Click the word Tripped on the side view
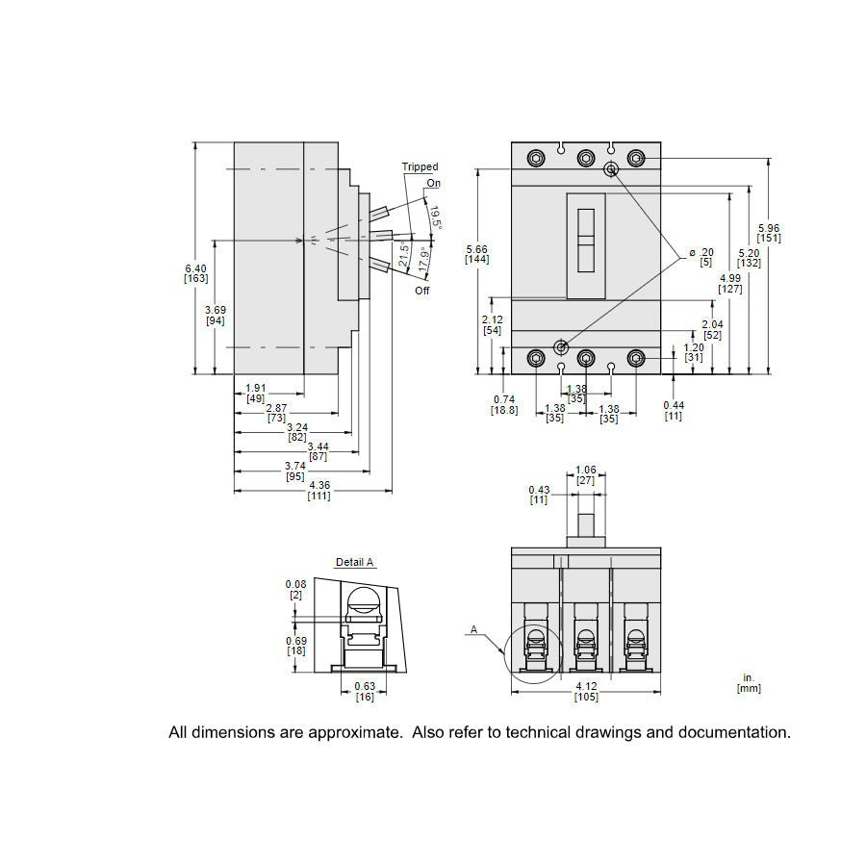point(420,166)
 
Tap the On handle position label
point(434,184)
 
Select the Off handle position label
point(422,291)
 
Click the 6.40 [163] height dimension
point(196,273)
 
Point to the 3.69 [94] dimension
point(216,316)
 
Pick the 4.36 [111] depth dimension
point(319,491)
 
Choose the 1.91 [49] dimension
point(256,394)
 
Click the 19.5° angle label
point(435,217)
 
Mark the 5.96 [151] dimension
point(769,233)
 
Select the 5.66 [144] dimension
point(476,254)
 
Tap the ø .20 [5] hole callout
point(702,257)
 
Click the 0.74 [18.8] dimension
point(504,405)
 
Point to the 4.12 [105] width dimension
point(586,692)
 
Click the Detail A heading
point(354,562)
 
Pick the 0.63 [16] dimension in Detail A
point(365,692)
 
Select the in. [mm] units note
point(749,683)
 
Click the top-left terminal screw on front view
point(536,159)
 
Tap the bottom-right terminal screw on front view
point(636,359)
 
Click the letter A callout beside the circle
point(473,629)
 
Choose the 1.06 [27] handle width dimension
point(586,475)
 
